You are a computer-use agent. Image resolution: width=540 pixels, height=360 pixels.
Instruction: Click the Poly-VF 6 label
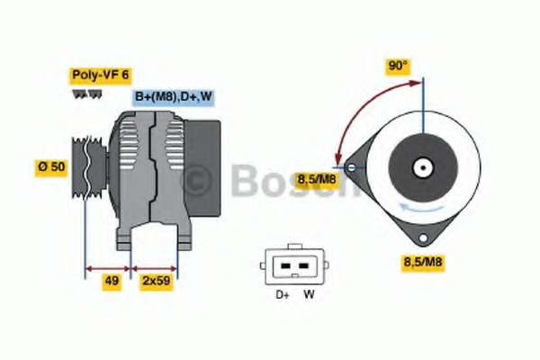[x=100, y=75]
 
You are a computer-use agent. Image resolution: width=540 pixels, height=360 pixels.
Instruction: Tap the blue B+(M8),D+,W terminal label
[x=173, y=97]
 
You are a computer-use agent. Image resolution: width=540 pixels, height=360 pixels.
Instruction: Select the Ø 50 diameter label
[x=51, y=167]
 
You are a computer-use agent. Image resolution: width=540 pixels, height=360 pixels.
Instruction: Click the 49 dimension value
[x=112, y=281]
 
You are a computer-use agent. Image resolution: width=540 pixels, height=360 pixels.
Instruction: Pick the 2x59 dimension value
[x=156, y=281]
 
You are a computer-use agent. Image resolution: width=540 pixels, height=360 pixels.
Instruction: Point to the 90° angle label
[x=398, y=66]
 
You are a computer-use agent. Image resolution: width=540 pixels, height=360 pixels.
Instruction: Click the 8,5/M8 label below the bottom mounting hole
[x=423, y=262]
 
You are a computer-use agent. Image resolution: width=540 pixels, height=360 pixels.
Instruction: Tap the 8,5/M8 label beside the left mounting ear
[x=317, y=179]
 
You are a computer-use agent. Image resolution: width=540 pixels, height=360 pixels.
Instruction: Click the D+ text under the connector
[x=283, y=294]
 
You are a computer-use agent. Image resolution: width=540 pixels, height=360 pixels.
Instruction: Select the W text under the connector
[x=309, y=294]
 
